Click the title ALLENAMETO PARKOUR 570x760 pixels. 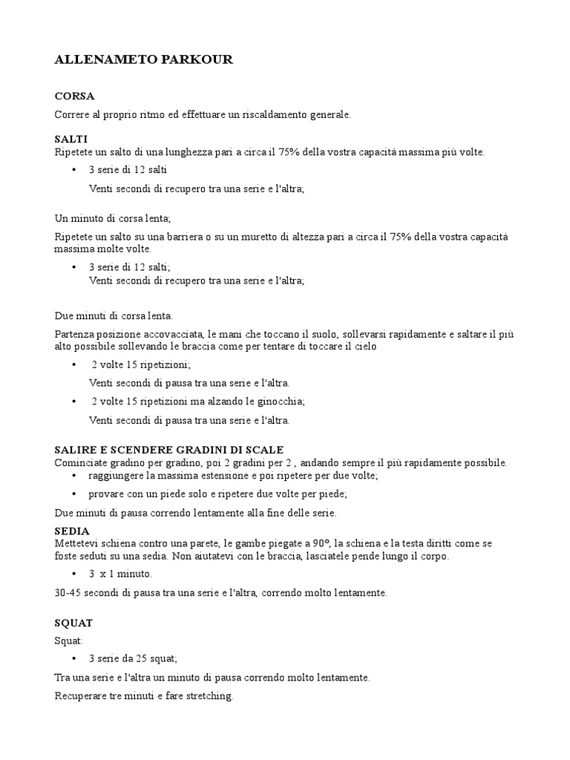[x=143, y=60]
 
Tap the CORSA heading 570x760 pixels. [x=74, y=96]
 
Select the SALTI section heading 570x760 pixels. [x=71, y=139]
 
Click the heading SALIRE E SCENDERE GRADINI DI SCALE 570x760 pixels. [x=169, y=450]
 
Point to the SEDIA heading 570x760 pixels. [x=72, y=531]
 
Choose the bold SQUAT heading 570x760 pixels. [x=73, y=623]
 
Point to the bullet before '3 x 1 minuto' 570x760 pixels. [x=74, y=574]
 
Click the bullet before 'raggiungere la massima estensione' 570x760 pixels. [x=74, y=475]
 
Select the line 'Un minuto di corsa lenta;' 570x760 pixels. [x=113, y=218]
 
